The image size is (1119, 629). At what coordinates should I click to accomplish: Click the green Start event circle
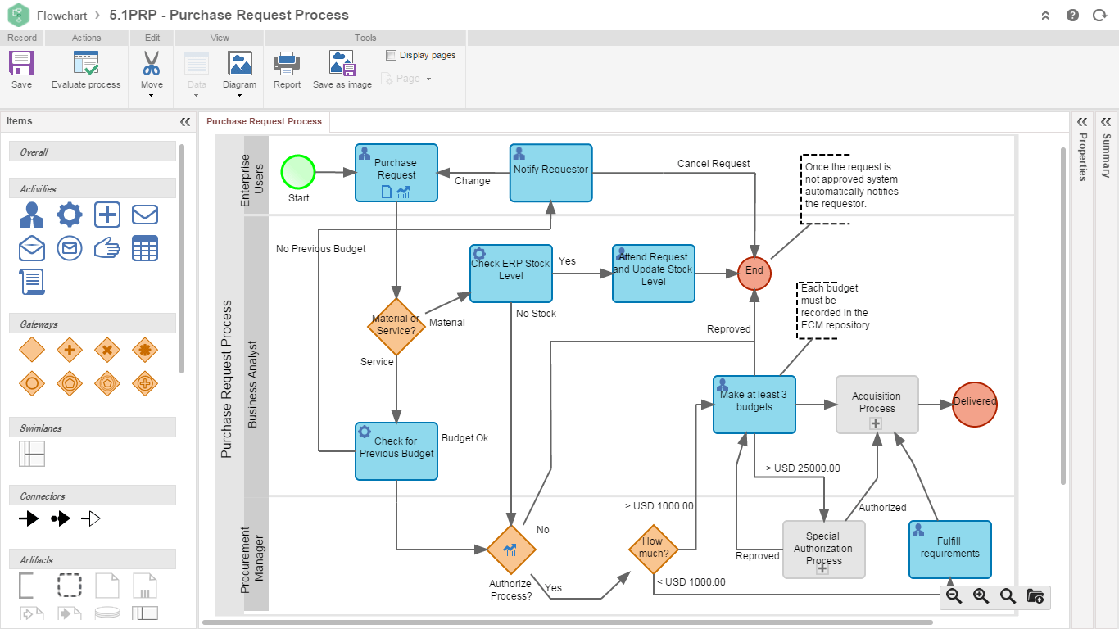point(298,173)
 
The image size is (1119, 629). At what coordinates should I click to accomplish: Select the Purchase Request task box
point(396,173)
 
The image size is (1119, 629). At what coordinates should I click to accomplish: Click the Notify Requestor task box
point(550,173)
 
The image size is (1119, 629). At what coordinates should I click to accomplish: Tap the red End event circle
point(754,271)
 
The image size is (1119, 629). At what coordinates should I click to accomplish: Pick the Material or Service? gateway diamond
point(396,325)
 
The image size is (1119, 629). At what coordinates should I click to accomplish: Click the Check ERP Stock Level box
point(511,274)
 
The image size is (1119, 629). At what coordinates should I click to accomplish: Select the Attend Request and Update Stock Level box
point(654,274)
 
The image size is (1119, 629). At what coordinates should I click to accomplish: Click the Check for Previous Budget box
point(396,451)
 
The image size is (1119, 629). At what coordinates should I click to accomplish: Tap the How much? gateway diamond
point(653,548)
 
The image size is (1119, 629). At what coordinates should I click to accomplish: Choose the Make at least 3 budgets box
point(754,405)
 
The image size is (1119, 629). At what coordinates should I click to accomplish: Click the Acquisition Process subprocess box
point(877,405)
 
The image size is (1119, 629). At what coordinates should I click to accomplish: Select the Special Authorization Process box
point(824,550)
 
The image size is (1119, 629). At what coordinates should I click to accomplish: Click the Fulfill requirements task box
point(950,550)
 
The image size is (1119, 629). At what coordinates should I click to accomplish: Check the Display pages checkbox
point(391,56)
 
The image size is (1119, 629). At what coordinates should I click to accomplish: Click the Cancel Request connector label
point(714,164)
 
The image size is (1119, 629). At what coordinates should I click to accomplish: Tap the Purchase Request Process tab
point(264,122)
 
